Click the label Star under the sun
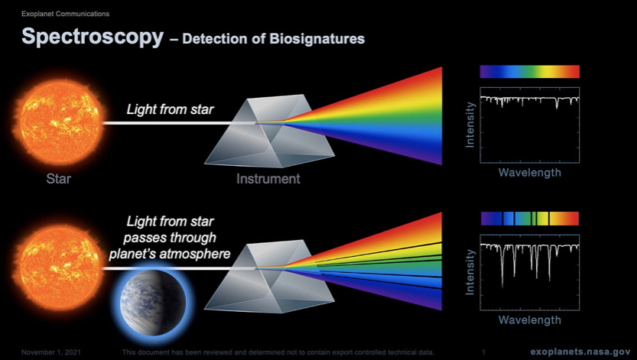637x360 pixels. coord(59,180)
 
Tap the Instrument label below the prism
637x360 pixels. coord(268,180)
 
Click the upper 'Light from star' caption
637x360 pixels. coord(171,112)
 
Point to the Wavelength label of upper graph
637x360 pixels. coord(529,173)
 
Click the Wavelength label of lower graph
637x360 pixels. coord(529,319)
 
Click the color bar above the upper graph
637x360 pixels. coord(529,72)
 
